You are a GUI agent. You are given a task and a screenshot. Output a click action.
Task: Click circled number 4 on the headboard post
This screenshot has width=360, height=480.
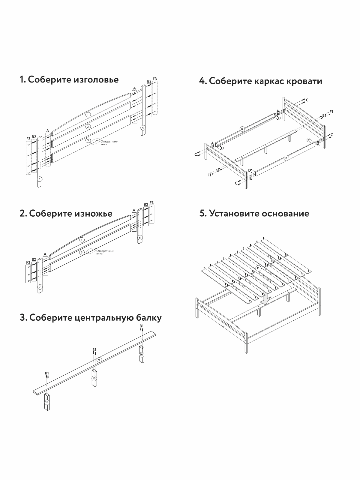[143, 127]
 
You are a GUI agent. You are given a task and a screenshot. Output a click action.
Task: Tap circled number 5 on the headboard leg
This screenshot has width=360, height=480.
[40, 179]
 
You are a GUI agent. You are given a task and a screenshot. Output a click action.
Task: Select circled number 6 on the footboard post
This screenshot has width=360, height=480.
[140, 238]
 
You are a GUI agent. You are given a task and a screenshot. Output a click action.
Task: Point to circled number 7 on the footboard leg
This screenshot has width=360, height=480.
[40, 287]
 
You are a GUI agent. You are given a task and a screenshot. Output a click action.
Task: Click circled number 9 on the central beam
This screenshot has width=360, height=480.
[99, 359]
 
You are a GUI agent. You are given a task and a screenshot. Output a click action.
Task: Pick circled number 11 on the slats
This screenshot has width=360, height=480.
[258, 268]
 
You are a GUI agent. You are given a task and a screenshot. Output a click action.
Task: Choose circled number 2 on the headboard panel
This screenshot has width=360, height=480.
[88, 127]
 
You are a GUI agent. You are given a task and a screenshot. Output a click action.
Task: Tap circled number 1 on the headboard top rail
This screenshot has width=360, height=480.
[88, 114]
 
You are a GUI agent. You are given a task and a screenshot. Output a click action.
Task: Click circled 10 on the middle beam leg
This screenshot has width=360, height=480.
[94, 378]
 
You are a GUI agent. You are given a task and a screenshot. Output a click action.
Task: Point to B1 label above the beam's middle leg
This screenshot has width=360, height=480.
[94, 350]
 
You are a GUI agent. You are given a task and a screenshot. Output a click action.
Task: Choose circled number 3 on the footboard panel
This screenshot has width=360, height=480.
[82, 252]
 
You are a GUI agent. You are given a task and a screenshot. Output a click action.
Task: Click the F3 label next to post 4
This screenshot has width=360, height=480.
[155, 79]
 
